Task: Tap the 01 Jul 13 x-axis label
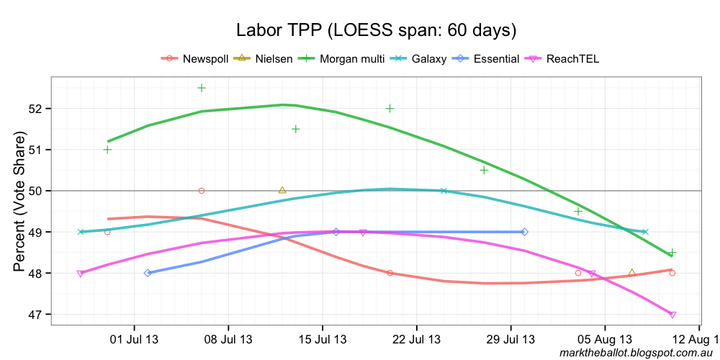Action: click(134, 339)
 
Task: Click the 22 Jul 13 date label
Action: click(416, 339)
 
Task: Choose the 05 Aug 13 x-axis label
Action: click(605, 339)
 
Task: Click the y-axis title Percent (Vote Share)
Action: click(19, 202)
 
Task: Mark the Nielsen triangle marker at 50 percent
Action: click(282, 190)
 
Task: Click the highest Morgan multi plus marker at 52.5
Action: click(202, 88)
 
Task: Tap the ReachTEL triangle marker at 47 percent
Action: click(672, 315)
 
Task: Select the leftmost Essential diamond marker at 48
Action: click(148, 273)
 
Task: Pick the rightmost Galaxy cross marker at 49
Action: click(645, 232)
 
